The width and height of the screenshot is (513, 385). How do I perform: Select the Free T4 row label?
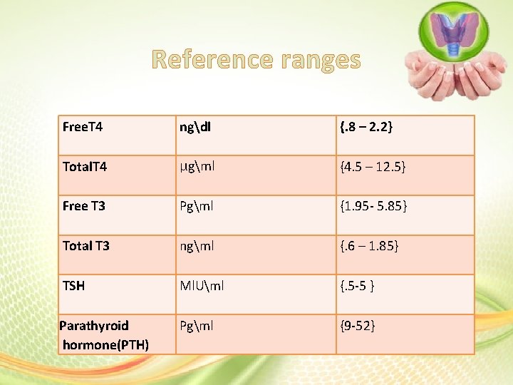pos(83,128)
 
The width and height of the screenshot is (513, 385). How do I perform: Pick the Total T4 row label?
pos(85,168)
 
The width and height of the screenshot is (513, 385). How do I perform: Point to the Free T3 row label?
pos(84,207)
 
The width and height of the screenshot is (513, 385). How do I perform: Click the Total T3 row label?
pos(86,246)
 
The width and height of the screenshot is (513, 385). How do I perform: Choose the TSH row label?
pos(73,286)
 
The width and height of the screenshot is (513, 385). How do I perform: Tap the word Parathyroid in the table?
pos(94,326)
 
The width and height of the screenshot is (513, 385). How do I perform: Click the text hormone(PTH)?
pos(105,345)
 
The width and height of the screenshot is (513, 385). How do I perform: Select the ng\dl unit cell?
pos(197,128)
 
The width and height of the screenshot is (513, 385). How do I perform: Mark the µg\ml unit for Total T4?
pos(197,168)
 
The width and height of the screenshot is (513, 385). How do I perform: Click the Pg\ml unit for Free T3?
pos(197,207)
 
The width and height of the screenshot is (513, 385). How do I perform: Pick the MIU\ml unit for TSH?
pos(202,286)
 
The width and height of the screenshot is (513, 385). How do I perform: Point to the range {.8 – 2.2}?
pos(367,128)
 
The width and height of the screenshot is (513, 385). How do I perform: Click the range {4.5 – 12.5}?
pos(373,168)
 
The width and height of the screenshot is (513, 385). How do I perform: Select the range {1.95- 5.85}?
pos(373,207)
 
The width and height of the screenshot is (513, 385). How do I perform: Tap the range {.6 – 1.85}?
pos(370,246)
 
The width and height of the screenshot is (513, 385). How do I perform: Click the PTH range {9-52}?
pos(358,326)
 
